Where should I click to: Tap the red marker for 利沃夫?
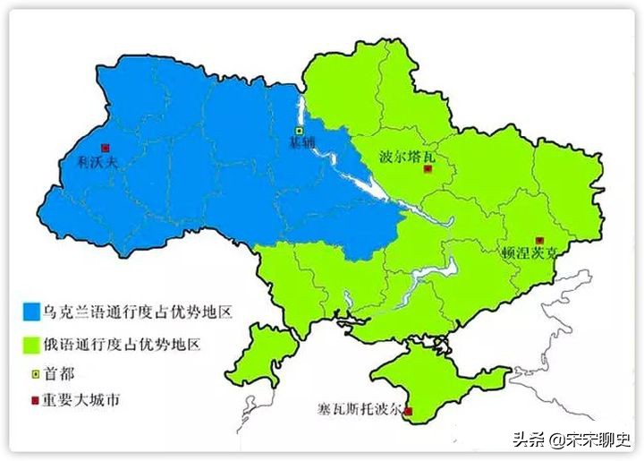pyautogui.click(x=105, y=147)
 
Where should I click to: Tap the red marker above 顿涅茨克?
pyautogui.click(x=538, y=240)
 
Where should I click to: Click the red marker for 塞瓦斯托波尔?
pyautogui.click(x=409, y=412)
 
